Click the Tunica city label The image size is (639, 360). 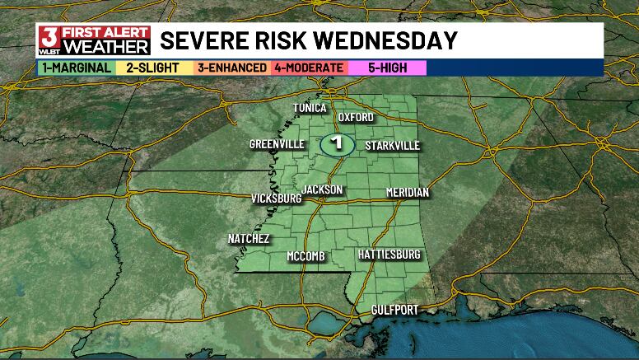coord(311,108)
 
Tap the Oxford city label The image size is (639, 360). coord(356,117)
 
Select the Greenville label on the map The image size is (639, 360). coord(277,145)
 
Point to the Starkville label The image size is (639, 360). coord(393,146)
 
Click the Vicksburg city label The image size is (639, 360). coord(276,199)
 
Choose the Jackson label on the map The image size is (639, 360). coord(321,189)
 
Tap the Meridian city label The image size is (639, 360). coord(408,193)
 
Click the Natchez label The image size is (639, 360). coord(249,239)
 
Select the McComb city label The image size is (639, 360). coord(306,256)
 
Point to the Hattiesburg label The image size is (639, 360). coord(389,255)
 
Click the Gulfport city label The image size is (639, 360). coord(393,310)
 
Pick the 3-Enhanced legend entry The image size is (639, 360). coord(231,68)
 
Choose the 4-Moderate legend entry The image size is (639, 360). coord(308,68)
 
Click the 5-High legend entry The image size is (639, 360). coord(386,68)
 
